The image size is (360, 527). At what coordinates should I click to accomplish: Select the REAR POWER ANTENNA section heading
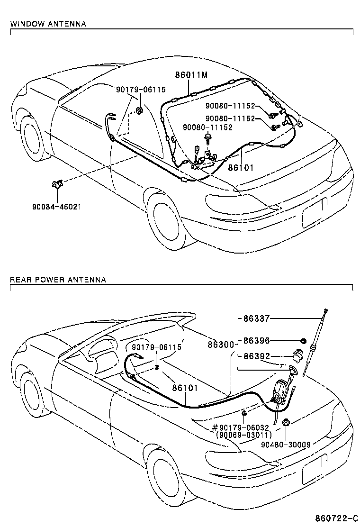pos(58,280)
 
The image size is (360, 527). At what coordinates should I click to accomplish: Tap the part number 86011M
pos(191,75)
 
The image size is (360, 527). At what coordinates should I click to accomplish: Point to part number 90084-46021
pos(56,207)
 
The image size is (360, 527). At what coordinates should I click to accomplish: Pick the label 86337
pos(256,319)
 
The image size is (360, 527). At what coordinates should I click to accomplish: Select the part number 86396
pos(256,340)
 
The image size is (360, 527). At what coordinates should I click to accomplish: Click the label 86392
pos(256,356)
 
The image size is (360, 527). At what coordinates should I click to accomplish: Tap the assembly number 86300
pos(220,345)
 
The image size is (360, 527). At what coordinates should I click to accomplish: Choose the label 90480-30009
pos(286,445)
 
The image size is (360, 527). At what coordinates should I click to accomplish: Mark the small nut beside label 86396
pos(303,340)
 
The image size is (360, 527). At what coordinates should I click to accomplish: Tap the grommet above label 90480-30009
pos(286,422)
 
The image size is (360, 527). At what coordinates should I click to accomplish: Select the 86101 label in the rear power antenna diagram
pos(184,388)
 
